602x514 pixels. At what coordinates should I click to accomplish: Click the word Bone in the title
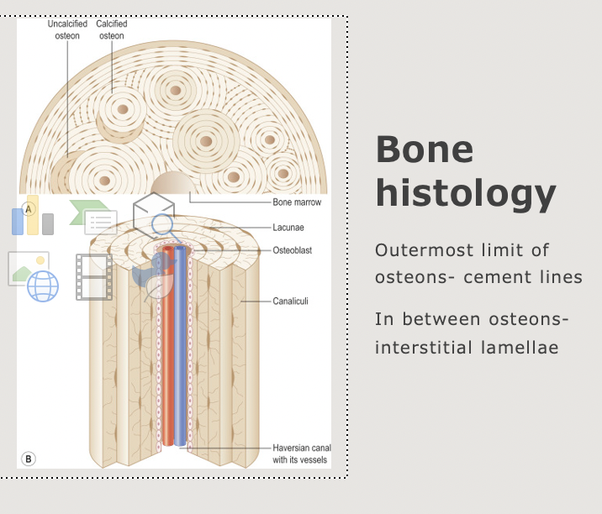pos(424,150)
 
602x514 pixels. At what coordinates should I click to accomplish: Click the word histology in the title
pos(465,194)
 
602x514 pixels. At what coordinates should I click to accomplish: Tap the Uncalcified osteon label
pos(66,30)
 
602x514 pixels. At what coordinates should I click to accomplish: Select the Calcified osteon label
pos(111,30)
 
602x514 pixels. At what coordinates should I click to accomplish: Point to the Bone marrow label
pos(297,202)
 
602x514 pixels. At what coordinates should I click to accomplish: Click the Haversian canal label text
pos(296,454)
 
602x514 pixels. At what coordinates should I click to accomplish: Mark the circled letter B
pos(29,459)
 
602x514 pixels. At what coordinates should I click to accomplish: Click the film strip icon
pos(93,277)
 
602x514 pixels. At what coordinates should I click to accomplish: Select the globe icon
pos(43,286)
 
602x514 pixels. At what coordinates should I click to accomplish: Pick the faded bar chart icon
pos(33,219)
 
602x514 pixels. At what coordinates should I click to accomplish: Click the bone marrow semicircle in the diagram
pos(172,184)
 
